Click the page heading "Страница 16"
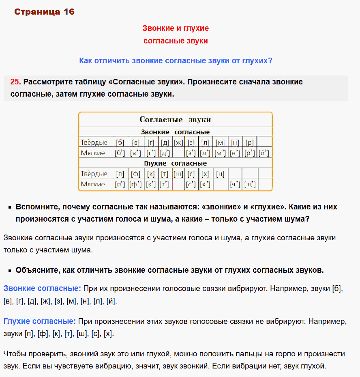point(44,12)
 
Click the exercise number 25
point(15,82)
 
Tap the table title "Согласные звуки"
point(175,120)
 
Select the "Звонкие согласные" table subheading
point(175,132)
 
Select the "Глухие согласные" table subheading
point(175,163)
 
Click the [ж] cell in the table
point(178,142)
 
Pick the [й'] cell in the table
point(264,153)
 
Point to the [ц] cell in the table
point(220,174)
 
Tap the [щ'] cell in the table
point(249,184)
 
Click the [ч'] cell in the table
point(235,184)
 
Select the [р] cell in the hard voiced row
point(249,142)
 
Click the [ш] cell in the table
point(178,174)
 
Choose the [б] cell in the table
point(120,142)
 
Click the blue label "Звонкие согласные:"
point(42,289)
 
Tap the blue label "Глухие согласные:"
point(39,321)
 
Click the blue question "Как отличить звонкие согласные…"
point(176,61)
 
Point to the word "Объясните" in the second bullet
point(35,270)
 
